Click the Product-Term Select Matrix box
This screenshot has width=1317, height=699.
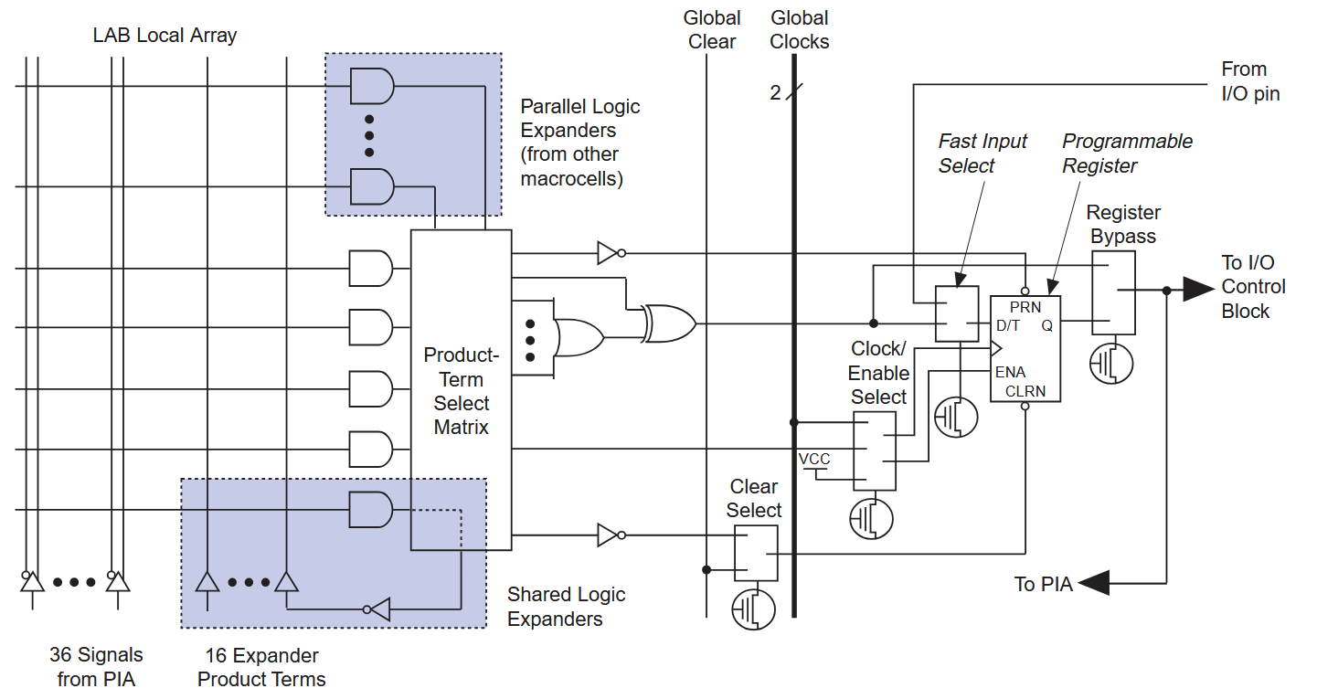coord(461,390)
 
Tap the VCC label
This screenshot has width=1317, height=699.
coord(814,459)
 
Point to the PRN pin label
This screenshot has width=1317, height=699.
coord(1025,307)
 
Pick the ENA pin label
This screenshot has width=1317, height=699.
coord(1011,372)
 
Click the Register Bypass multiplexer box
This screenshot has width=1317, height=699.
coord(1112,292)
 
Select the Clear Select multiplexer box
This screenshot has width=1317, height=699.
coord(756,553)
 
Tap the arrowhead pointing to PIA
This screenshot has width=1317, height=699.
coord(1094,583)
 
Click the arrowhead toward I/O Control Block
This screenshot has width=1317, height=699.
coord(1197,290)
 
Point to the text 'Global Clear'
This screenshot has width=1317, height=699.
coord(711,30)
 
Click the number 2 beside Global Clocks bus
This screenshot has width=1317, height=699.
coord(775,92)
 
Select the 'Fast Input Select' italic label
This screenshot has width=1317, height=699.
coord(982,154)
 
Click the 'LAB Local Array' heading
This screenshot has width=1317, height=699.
coord(165,36)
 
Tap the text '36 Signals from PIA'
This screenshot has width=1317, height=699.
coord(96,667)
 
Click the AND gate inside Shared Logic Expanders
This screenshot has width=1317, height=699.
coord(370,510)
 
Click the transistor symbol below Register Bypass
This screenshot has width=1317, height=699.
coord(1111,363)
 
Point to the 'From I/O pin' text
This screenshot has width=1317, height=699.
coord(1250,81)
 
